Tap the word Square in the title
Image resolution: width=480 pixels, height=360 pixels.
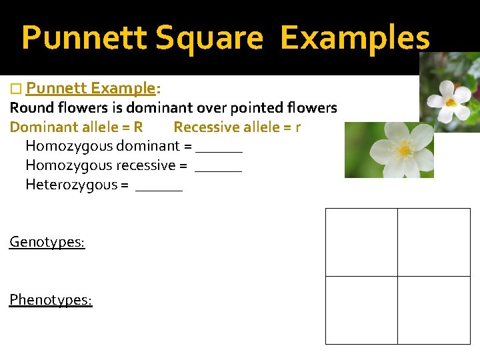tap(209, 38)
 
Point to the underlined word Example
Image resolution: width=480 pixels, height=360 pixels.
tap(123, 89)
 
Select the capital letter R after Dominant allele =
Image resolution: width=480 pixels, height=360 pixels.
tap(138, 127)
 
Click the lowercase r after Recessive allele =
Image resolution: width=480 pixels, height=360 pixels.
tap(297, 127)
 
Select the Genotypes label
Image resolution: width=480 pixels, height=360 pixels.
tap(47, 242)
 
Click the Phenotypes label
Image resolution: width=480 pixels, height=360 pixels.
tap(51, 300)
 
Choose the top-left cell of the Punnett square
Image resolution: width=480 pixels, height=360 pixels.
tap(361, 242)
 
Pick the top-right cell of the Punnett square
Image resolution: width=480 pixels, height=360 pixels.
tap(434, 242)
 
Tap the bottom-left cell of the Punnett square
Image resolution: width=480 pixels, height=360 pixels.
tap(361, 310)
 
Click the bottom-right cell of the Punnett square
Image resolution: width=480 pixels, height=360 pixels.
tap(434, 310)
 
